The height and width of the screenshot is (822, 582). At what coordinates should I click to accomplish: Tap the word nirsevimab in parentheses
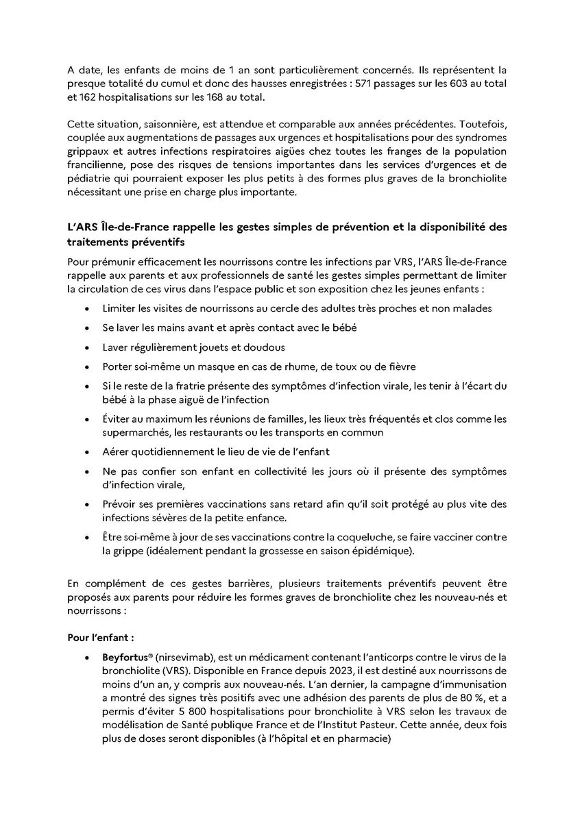pyautogui.click(x=181, y=657)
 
